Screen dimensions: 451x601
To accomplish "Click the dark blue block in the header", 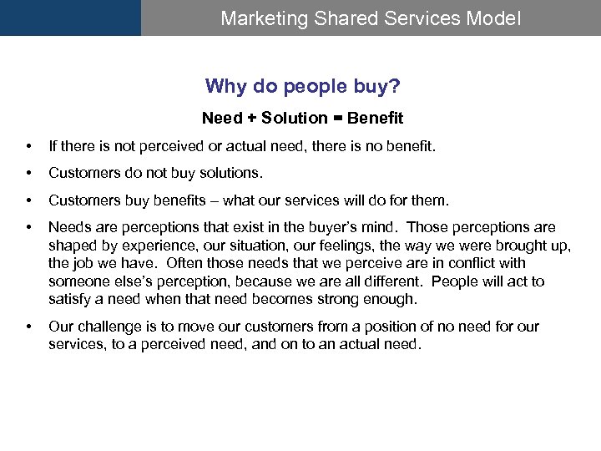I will point(70,18).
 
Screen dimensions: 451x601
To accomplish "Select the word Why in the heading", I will point(223,86).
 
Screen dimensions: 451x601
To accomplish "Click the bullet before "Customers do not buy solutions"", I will point(30,174).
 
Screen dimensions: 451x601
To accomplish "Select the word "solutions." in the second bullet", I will point(230,174).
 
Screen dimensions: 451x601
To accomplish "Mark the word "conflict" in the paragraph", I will point(468,263).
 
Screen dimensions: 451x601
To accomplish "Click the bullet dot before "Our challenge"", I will point(30,327).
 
